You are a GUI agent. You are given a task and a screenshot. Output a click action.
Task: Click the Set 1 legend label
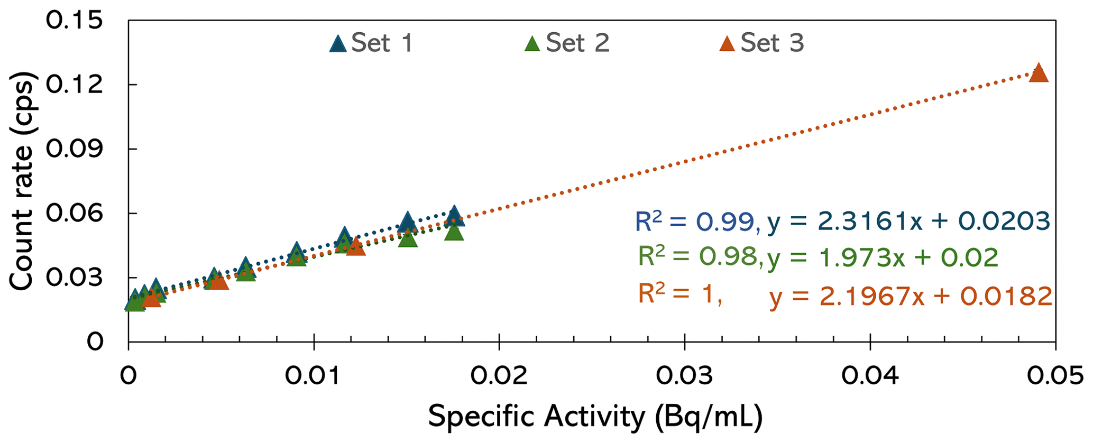381,43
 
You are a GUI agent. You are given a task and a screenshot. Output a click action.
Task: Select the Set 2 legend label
577,43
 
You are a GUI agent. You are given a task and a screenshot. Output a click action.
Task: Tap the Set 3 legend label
771,43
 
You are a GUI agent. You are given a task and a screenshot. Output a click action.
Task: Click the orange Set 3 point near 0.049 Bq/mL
1039,73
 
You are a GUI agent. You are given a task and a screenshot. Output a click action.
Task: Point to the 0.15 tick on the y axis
74,21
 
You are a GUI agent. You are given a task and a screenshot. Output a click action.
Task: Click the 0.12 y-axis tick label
74,85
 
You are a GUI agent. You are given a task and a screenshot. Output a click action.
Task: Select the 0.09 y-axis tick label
74,149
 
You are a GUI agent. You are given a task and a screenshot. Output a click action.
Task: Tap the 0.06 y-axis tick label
74,214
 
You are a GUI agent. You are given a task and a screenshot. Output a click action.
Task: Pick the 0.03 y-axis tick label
74,278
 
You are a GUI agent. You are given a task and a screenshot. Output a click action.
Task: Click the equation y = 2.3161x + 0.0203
908,221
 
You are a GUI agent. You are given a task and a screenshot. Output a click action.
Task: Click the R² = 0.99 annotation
696,222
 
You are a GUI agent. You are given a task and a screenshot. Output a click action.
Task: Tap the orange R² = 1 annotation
679,294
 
